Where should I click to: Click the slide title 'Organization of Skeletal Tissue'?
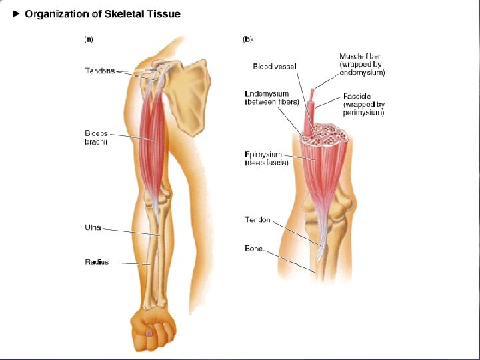click(102, 13)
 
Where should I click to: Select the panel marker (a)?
click(88, 39)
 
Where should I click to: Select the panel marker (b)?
click(247, 39)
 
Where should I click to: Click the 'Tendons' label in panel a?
click(100, 71)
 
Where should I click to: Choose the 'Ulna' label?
click(93, 227)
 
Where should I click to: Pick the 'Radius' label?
click(97, 262)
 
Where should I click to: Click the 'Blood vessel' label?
click(275, 66)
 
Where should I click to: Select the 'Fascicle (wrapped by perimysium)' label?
click(363, 105)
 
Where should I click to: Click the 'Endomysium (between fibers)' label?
click(271, 98)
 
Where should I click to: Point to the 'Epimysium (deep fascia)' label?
click(267, 158)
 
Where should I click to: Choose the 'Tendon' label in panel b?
click(257, 220)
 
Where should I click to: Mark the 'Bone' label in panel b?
click(253, 249)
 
